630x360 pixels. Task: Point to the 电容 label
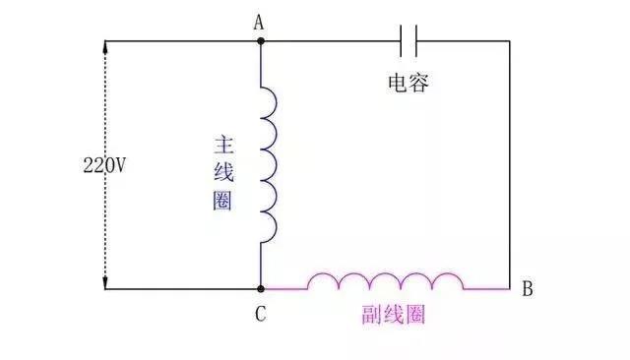click(409, 84)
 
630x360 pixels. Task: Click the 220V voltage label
click(104, 165)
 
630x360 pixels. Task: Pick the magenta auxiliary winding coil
click(385, 282)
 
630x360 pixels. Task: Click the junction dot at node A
click(261, 41)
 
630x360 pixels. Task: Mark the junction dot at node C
click(261, 289)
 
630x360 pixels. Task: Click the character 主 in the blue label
click(222, 145)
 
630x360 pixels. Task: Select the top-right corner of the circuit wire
click(510, 41)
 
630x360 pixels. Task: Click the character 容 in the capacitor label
click(419, 84)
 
